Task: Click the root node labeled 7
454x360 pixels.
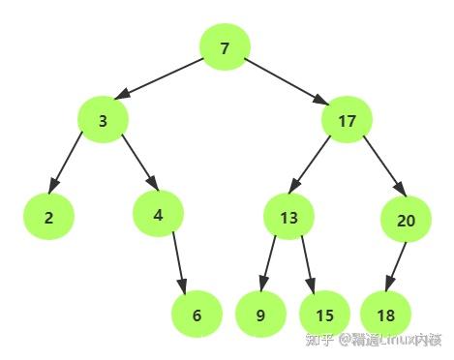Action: click(225, 48)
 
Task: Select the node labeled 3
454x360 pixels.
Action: click(103, 121)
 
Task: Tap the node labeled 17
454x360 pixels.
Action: click(348, 121)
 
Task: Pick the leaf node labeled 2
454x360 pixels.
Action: click(48, 217)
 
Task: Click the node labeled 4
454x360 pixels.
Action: click(158, 215)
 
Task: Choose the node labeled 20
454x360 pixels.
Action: click(407, 220)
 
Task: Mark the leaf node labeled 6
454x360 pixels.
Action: click(197, 315)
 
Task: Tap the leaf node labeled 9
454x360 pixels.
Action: click(260, 315)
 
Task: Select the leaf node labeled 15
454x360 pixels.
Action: click(324, 315)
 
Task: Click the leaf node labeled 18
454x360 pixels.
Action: click(386, 315)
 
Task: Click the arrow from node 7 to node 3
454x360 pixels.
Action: click(165, 78)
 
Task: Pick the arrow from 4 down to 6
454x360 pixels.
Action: click(177, 261)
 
